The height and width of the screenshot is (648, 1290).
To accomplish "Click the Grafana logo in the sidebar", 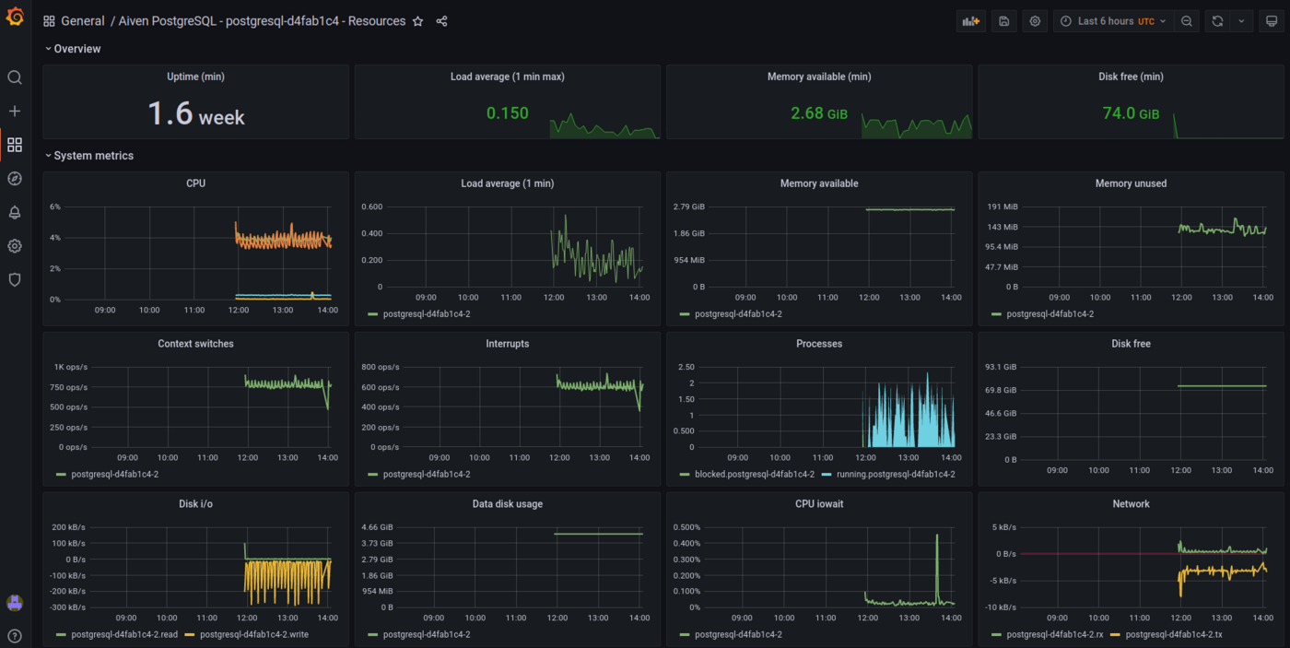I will coord(15,17).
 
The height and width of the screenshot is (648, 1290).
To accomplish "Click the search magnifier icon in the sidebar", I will coord(15,77).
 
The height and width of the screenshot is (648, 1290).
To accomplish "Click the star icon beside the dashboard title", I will coord(417,21).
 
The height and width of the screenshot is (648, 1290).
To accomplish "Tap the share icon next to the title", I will coord(441,21).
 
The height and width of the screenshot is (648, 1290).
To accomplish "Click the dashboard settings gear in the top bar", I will coord(1035,21).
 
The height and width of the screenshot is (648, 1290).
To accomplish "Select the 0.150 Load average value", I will coord(508,113).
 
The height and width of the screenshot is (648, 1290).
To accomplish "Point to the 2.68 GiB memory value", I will coord(818,113).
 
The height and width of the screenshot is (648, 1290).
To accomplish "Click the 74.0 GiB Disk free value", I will coord(1131,113).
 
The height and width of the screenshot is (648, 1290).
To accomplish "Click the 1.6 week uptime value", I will coord(196,114).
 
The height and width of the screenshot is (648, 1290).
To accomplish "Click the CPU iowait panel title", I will coord(818,504).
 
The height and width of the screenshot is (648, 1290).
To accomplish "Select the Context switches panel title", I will coord(195,344).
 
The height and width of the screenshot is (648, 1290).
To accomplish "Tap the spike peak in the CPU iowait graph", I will coord(937,536).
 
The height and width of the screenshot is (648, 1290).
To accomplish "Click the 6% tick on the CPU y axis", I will coord(55,206).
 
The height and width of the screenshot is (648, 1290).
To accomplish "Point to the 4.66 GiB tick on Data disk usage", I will coord(377,527).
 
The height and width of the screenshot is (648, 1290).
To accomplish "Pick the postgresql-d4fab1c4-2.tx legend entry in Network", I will coord(1181,634).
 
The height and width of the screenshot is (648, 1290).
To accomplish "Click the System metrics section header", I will coord(93,156).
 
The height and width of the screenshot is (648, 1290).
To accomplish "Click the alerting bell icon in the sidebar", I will coord(15,213).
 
